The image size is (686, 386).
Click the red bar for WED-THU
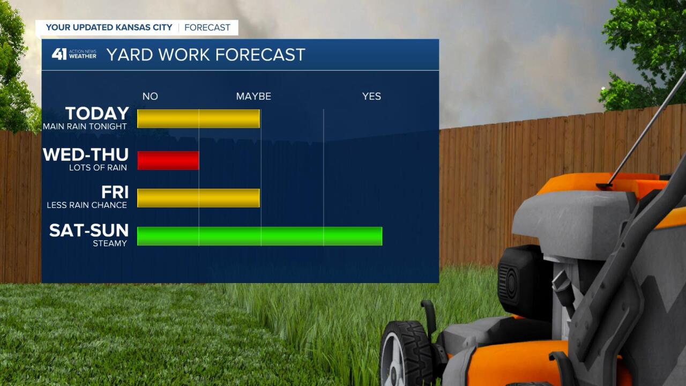tap(168, 160)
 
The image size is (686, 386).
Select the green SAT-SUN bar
tap(260, 236)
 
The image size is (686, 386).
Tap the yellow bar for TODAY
tap(198, 118)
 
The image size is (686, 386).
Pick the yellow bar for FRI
tap(198, 198)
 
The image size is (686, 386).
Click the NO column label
tap(150, 96)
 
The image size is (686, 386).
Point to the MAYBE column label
tap(253, 96)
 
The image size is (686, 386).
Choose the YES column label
tap(371, 96)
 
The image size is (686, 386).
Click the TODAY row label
tap(97, 113)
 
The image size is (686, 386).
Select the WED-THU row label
tap(85, 154)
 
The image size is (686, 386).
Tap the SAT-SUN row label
tap(89, 231)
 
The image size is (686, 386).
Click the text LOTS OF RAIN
tap(98, 168)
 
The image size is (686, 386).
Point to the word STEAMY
tap(110, 243)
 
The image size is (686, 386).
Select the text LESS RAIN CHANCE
tap(87, 205)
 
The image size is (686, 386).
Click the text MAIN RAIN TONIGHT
tap(85, 127)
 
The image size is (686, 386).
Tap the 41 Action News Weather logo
tap(74, 54)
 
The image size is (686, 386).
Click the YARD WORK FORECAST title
tap(206, 55)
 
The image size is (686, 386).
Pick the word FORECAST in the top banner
tap(207, 27)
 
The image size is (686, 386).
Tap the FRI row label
tap(115, 192)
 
